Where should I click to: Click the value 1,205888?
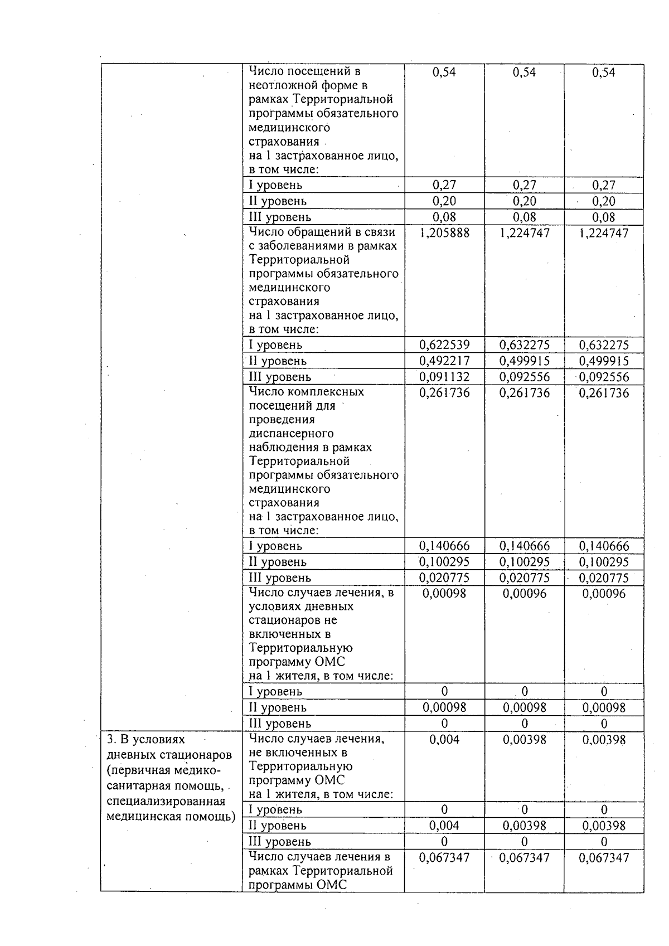[444, 233]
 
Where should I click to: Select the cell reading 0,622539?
[444, 345]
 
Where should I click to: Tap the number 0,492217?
[444, 361]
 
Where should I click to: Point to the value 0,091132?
[444, 377]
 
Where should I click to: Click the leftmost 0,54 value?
[444, 72]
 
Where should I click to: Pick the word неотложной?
[278, 86]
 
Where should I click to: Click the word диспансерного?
[291, 434]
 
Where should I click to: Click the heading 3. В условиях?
[146, 740]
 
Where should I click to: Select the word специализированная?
[166, 802]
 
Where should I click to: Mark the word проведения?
[282, 420]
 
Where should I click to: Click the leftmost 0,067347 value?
[444, 858]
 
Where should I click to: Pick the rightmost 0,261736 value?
[604, 394]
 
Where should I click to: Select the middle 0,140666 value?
[524, 546]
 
